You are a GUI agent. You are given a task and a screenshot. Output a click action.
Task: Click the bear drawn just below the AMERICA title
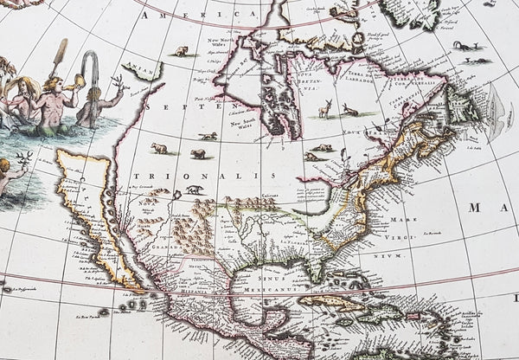[182, 51]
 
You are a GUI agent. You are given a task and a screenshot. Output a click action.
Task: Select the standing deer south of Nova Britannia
[326, 110]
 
